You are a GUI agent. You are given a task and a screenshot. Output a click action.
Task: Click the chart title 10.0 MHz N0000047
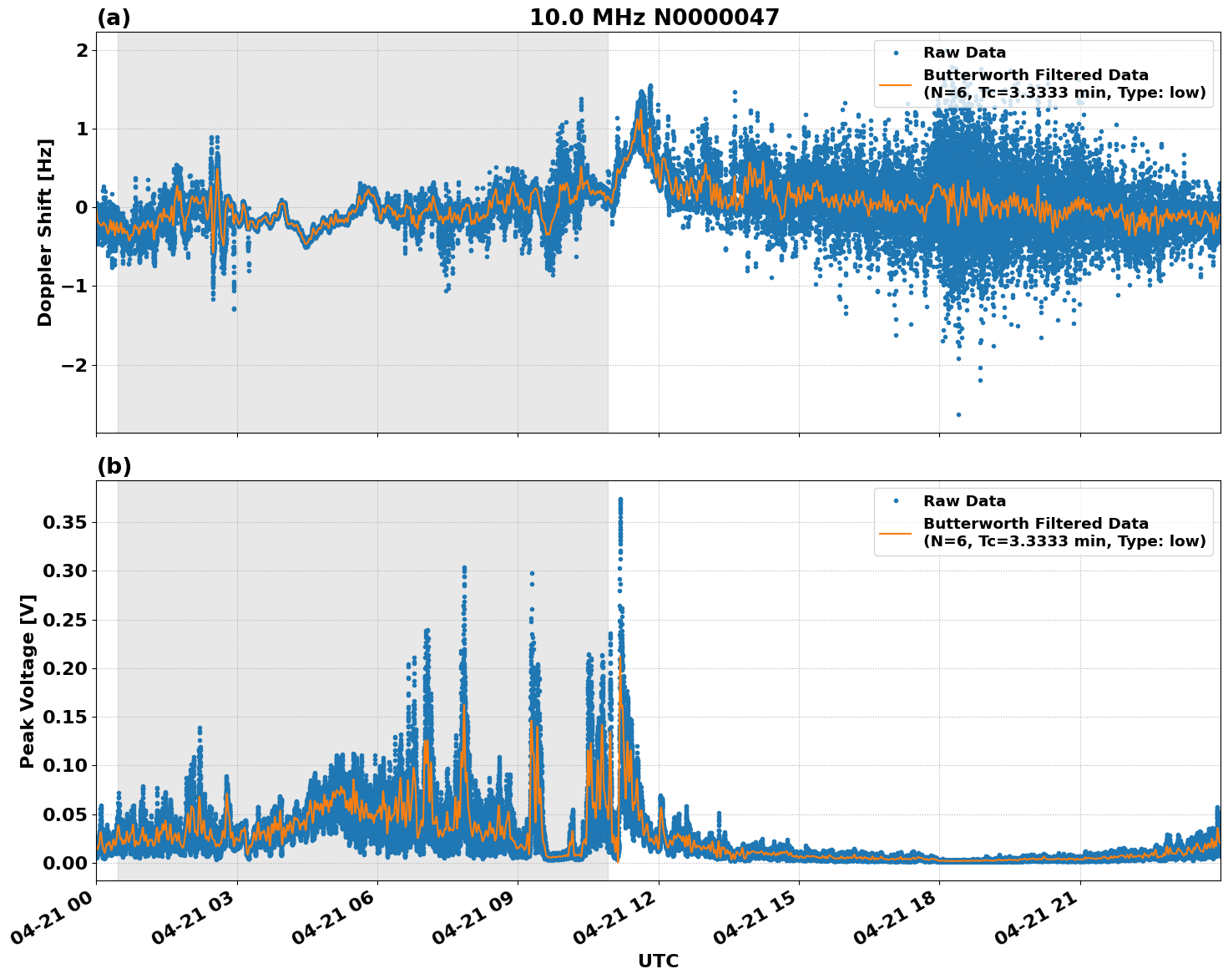tap(654, 18)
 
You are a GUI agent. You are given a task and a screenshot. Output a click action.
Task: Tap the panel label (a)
tap(114, 18)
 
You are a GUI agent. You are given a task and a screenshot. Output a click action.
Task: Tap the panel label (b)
tap(114, 466)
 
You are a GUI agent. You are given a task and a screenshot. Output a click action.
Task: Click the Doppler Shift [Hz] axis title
tap(45, 232)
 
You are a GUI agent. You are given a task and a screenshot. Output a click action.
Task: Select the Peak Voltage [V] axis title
tap(28, 681)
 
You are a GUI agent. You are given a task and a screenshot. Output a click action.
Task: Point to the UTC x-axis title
tap(658, 961)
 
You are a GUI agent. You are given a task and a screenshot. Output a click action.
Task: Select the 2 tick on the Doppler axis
tap(82, 50)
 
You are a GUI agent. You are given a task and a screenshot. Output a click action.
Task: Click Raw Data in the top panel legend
tap(964, 53)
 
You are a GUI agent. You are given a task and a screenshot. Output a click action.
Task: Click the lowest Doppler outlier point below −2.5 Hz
tap(958, 414)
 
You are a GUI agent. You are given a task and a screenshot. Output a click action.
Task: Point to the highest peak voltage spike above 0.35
tap(620, 500)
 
